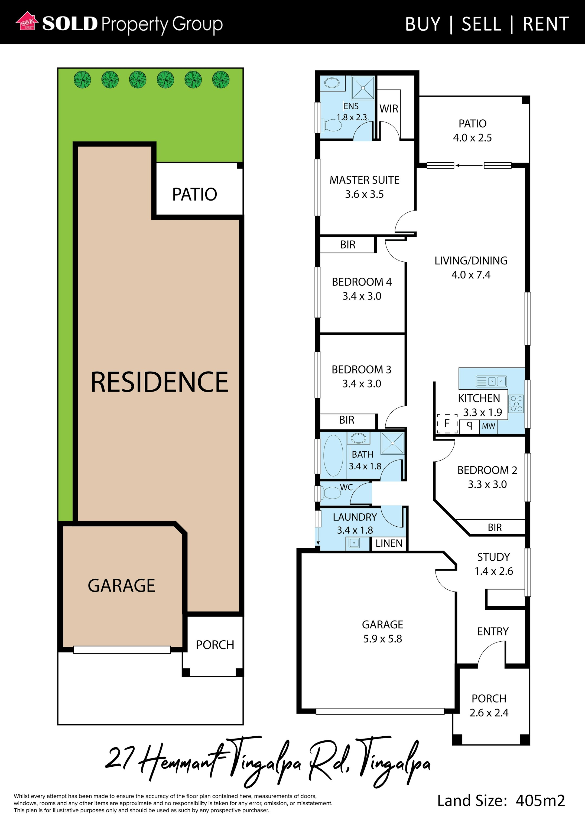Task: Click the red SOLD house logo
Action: (27, 21)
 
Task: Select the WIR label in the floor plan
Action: (389, 109)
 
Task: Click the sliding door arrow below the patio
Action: (469, 165)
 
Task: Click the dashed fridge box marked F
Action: (447, 423)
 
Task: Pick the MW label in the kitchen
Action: (488, 426)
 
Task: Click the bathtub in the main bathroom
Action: (333, 456)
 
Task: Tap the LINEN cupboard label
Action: (389, 543)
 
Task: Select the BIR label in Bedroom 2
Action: (495, 527)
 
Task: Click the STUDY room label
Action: (493, 557)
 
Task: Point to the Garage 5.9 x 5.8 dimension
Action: (382, 639)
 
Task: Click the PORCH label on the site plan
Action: (215, 645)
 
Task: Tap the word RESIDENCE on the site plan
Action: (159, 382)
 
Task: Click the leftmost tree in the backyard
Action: (82, 80)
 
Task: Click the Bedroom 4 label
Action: (362, 282)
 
